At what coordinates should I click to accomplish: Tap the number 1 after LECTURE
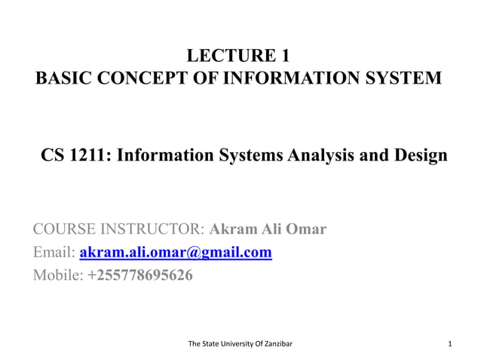(x=283, y=55)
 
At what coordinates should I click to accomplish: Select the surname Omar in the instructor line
(x=306, y=229)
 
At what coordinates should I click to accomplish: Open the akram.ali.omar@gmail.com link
(x=176, y=252)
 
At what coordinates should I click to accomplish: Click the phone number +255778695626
(x=140, y=276)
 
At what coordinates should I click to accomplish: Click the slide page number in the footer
(x=449, y=345)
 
